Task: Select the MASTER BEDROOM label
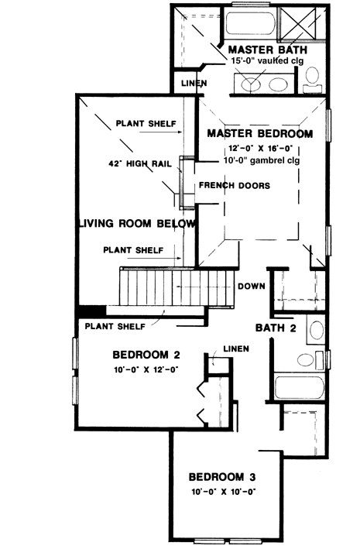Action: pos(259,133)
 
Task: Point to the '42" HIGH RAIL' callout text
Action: pos(139,164)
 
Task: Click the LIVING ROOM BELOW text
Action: pos(135,223)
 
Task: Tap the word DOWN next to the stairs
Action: pos(252,286)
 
